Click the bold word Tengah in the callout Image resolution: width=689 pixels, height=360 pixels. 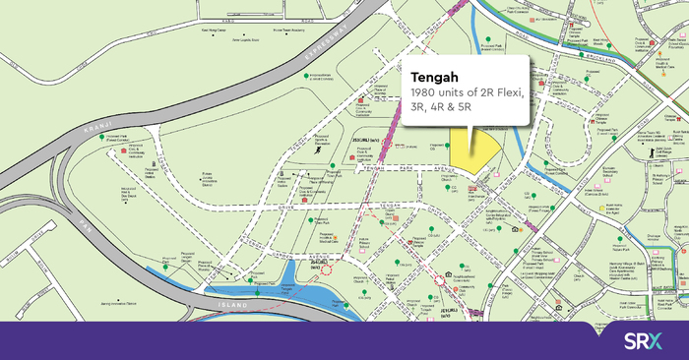point(434,74)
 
